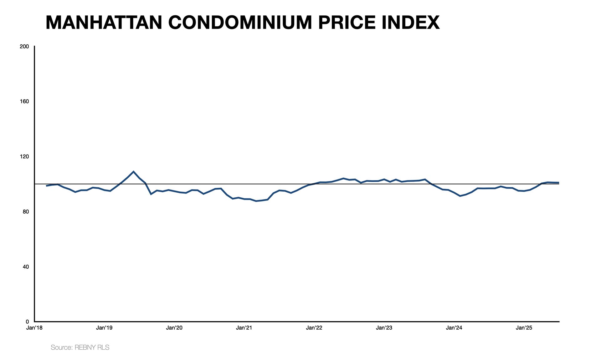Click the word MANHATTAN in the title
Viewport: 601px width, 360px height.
tap(104, 23)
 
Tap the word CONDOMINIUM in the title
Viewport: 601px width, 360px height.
tap(240, 23)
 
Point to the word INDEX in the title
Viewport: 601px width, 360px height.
tap(410, 23)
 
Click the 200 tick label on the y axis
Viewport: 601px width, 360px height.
tap(24, 47)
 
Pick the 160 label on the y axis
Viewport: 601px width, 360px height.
tap(24, 102)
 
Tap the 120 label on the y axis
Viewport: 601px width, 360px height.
tap(24, 157)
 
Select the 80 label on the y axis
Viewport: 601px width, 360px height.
tap(26, 212)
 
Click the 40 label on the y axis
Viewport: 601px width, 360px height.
tap(26, 267)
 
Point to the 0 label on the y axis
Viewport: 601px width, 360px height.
tap(27, 322)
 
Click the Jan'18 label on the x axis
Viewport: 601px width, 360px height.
tap(34, 328)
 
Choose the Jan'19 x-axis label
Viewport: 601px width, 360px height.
tap(104, 328)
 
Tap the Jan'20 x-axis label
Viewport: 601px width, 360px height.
tap(174, 328)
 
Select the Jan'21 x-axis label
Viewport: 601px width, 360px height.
tap(244, 328)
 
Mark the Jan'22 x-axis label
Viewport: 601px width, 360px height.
tap(314, 328)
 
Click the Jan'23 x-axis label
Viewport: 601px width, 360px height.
tap(384, 328)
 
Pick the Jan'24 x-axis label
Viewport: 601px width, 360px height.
tap(454, 328)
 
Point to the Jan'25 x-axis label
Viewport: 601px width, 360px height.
tap(524, 328)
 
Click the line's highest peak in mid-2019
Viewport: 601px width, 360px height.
tap(134, 172)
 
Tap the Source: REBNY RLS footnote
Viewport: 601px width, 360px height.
tap(80, 347)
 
